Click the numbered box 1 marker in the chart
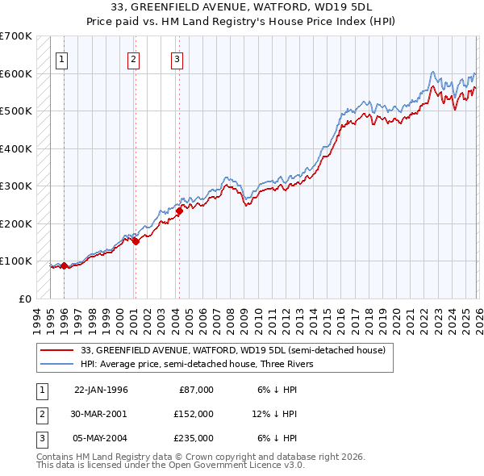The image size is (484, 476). coord(62,58)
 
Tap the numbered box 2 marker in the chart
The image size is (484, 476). coord(133,58)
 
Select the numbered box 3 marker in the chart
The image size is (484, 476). coord(177,58)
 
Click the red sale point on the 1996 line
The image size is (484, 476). coord(64,265)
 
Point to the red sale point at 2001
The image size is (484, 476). coord(136,241)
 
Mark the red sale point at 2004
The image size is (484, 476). coord(179,211)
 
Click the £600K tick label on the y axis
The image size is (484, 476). coord(16,73)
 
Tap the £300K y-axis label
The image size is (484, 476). coord(16,186)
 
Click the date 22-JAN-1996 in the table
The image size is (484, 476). coord(101,390)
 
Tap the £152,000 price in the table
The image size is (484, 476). coord(194,414)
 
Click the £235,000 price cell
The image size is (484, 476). coord(194,438)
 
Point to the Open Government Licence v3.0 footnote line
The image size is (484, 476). coord(171,466)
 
